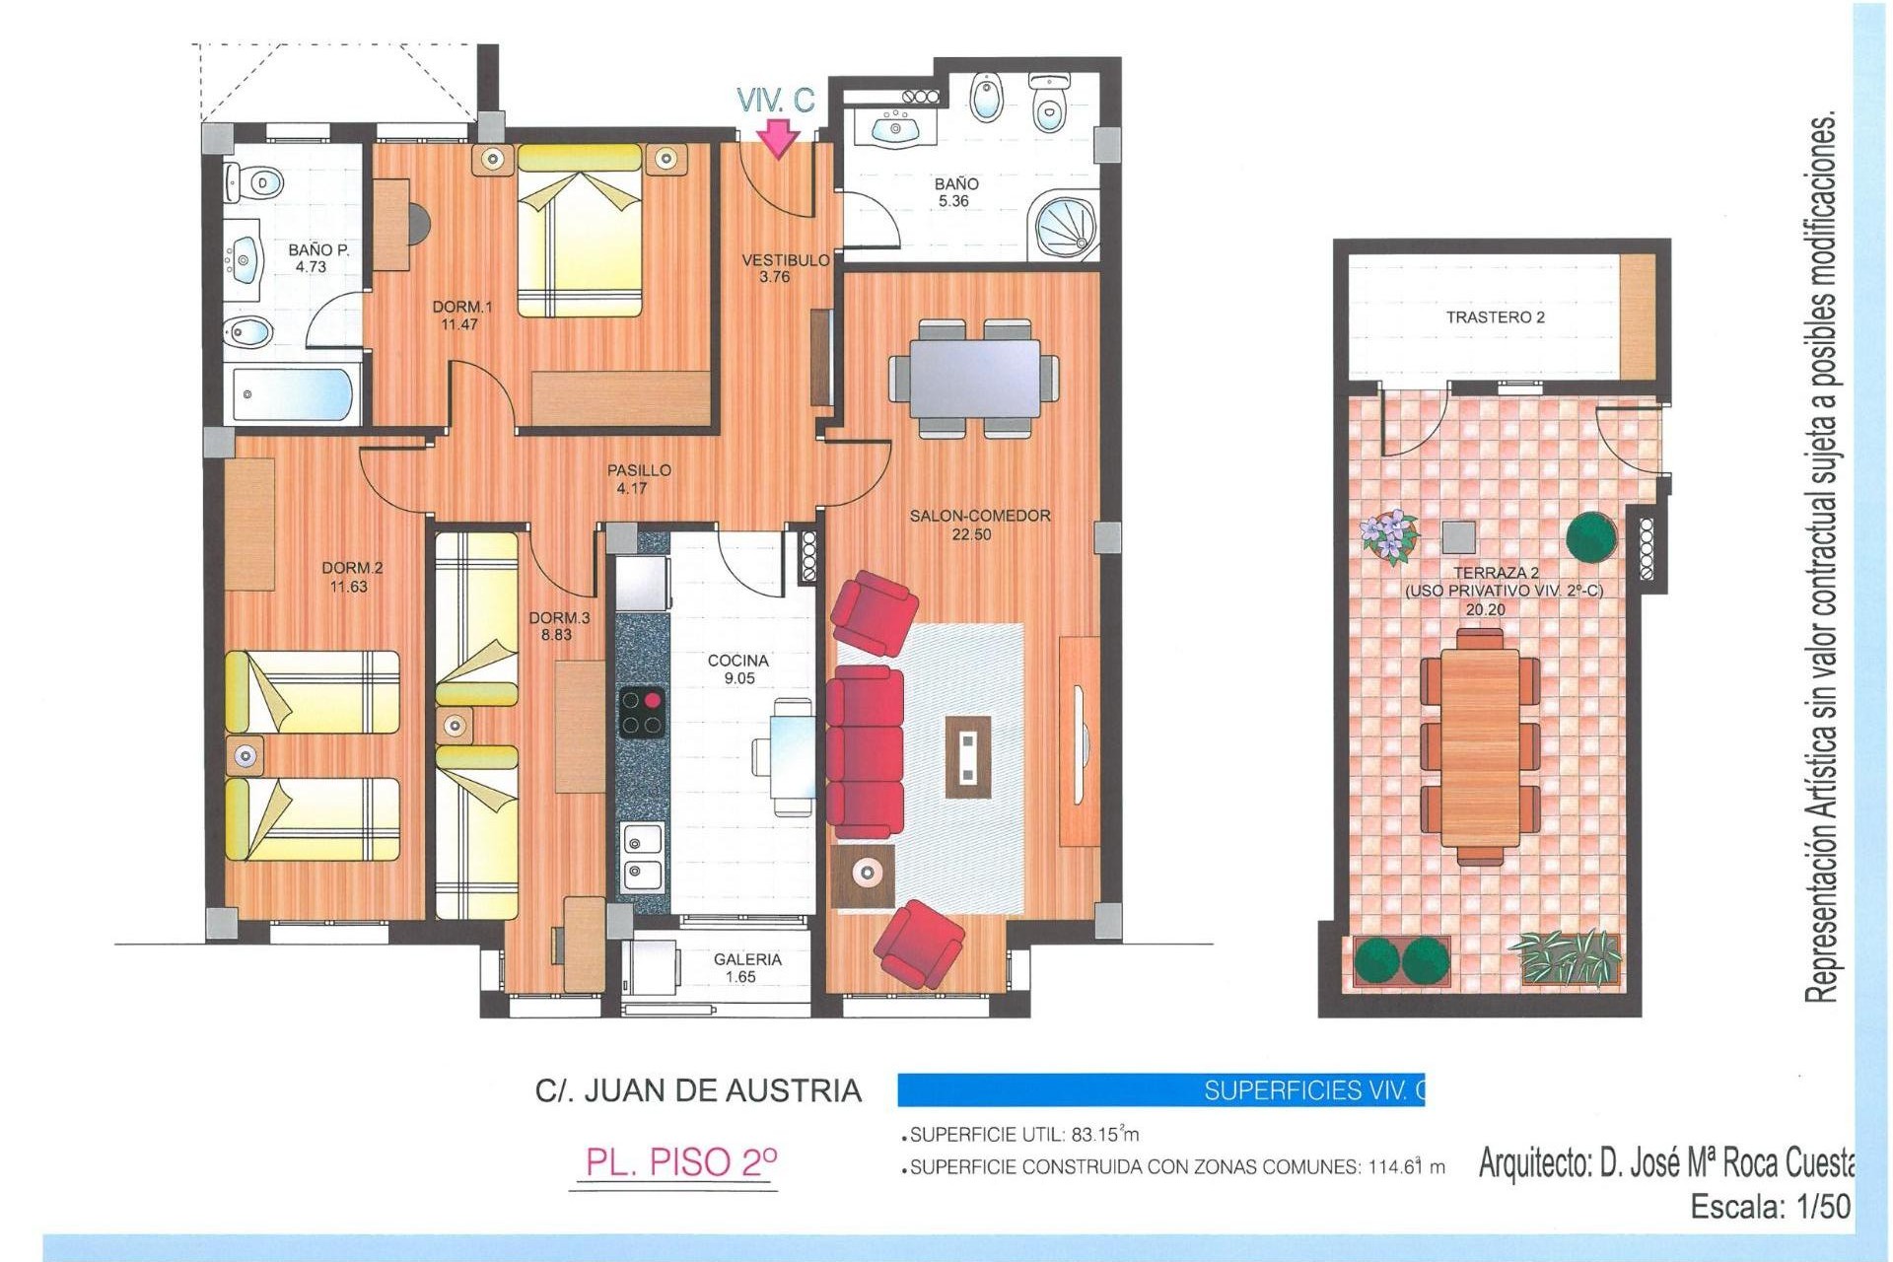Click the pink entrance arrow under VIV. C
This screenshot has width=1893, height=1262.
[x=779, y=138]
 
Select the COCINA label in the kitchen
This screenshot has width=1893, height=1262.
[x=738, y=661]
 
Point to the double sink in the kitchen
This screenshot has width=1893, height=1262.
[x=643, y=857]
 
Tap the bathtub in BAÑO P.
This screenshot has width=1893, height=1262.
[x=293, y=394]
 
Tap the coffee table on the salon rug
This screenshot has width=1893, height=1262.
[x=968, y=756]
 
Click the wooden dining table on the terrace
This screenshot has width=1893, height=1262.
[x=1480, y=746]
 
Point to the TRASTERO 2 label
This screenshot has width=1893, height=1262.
[x=1495, y=317]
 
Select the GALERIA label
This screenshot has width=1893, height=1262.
[x=747, y=959]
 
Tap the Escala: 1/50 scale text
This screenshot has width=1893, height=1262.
[x=1771, y=1207]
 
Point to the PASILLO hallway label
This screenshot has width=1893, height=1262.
[x=639, y=470]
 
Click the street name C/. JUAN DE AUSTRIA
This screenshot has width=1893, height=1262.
[x=698, y=1090]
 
